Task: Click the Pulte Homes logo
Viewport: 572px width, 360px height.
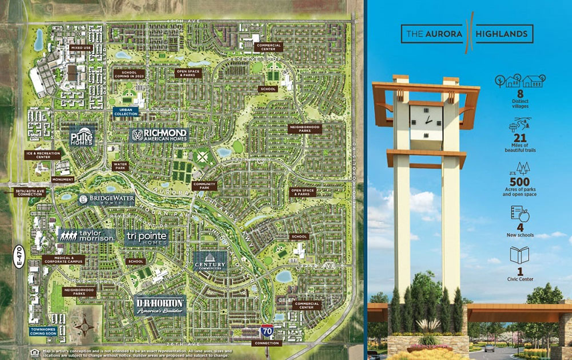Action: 82,137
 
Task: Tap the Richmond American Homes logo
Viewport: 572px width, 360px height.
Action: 160,134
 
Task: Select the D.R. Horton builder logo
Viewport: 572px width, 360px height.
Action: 160,304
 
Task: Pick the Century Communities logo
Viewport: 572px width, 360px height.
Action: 210,260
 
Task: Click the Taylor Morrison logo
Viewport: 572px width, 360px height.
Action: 87,235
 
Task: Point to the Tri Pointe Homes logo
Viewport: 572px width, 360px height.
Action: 146,239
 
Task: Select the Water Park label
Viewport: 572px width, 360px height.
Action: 121,165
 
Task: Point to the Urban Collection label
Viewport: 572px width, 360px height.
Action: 126,112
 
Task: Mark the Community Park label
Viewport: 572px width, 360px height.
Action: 204,185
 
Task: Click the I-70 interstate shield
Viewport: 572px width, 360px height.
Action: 266,330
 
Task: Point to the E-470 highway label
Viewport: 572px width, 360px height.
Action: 19,258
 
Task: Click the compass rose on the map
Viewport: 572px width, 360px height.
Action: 86,327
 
